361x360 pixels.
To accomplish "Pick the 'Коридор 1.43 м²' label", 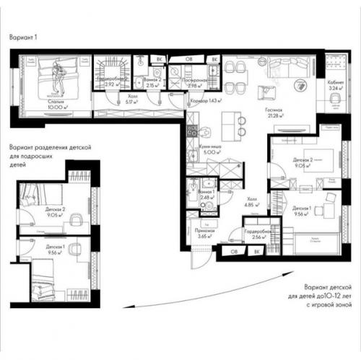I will click(206, 100).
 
